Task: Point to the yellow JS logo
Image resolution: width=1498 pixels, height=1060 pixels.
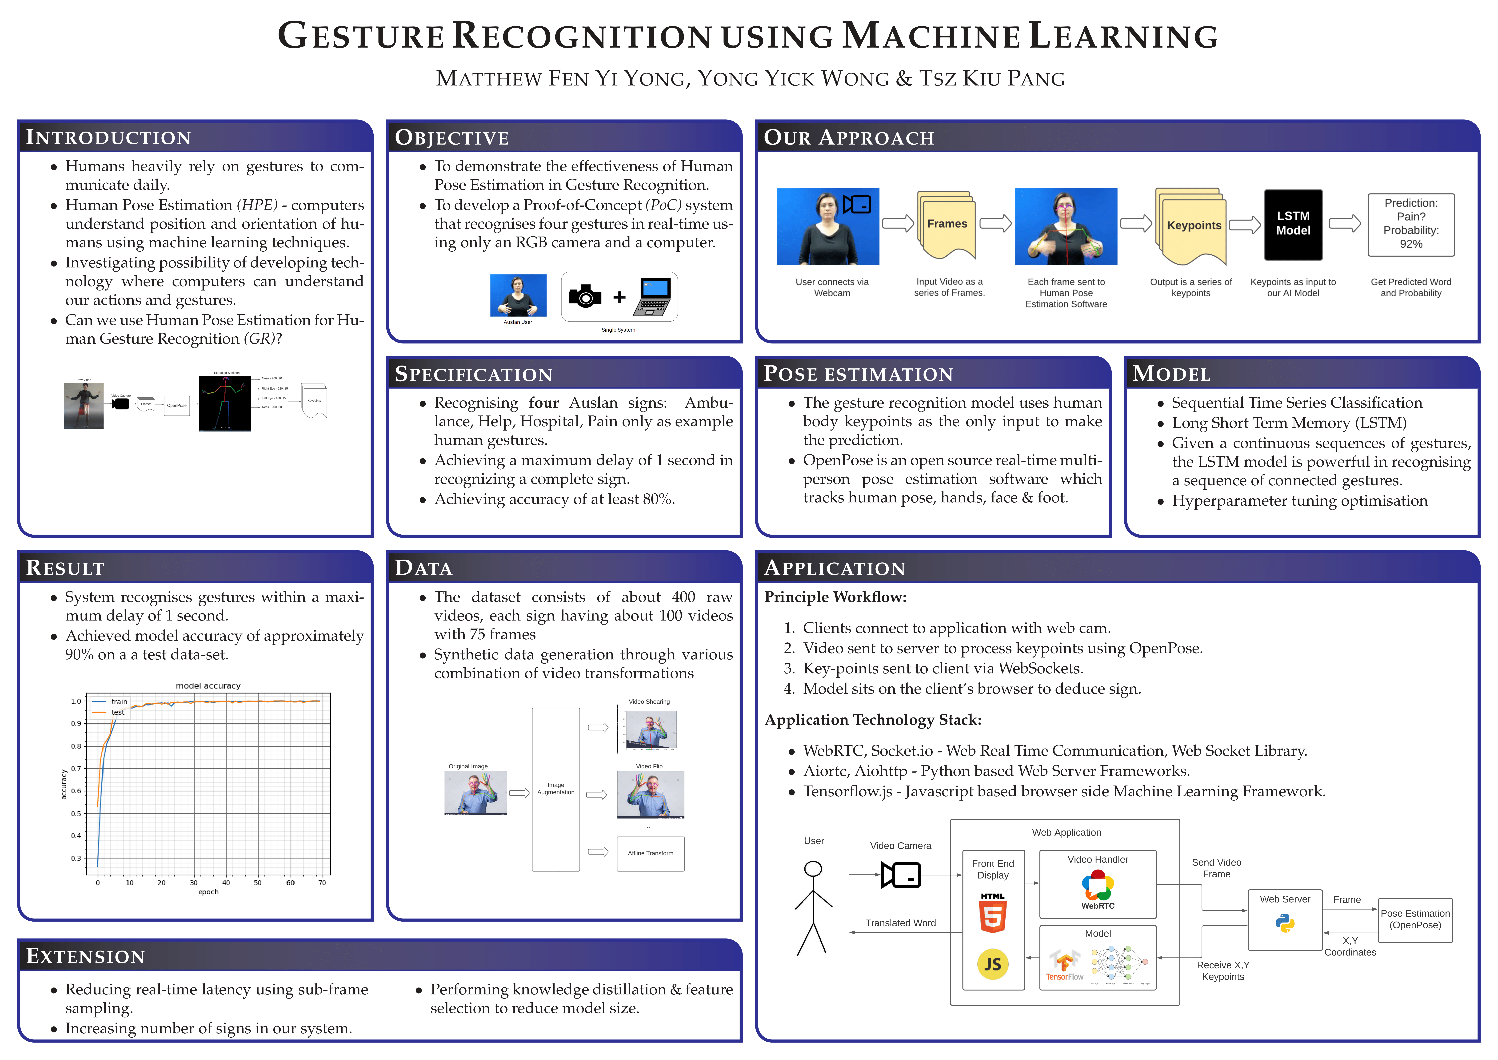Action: pos(992,964)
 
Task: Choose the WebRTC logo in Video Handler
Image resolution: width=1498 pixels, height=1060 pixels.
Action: pos(1097,888)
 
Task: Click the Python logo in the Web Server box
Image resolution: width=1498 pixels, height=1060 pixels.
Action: pos(1285,923)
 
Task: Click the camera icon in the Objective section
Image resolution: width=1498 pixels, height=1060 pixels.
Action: pos(585,296)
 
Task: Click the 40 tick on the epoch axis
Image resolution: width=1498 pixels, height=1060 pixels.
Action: pos(226,883)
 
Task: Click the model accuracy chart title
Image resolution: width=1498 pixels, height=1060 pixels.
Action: pos(208,685)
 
